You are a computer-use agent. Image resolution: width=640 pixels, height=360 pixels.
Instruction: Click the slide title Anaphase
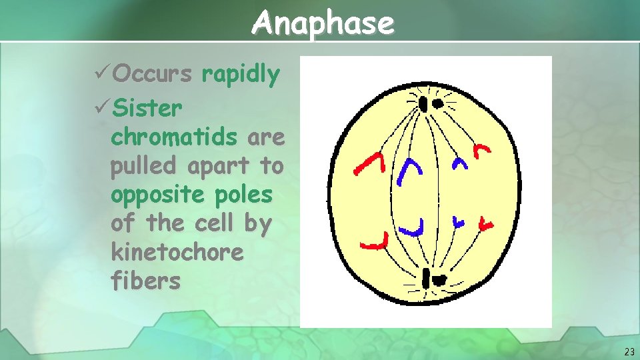pyautogui.click(x=323, y=23)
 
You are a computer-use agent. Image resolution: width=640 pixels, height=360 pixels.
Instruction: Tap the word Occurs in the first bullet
pyautogui.click(x=153, y=75)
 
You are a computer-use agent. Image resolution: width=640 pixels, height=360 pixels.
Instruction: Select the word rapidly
pyautogui.click(x=241, y=75)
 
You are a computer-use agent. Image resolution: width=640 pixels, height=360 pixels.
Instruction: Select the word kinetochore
pyautogui.click(x=177, y=252)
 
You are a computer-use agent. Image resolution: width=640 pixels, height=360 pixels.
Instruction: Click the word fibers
pyautogui.click(x=145, y=281)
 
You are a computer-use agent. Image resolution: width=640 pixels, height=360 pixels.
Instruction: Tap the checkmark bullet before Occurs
pyautogui.click(x=102, y=75)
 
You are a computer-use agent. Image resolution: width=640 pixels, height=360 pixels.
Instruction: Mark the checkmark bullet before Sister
pyautogui.click(x=102, y=107)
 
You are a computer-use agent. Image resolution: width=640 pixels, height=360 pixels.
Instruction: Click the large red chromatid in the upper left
pyautogui.click(x=371, y=164)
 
